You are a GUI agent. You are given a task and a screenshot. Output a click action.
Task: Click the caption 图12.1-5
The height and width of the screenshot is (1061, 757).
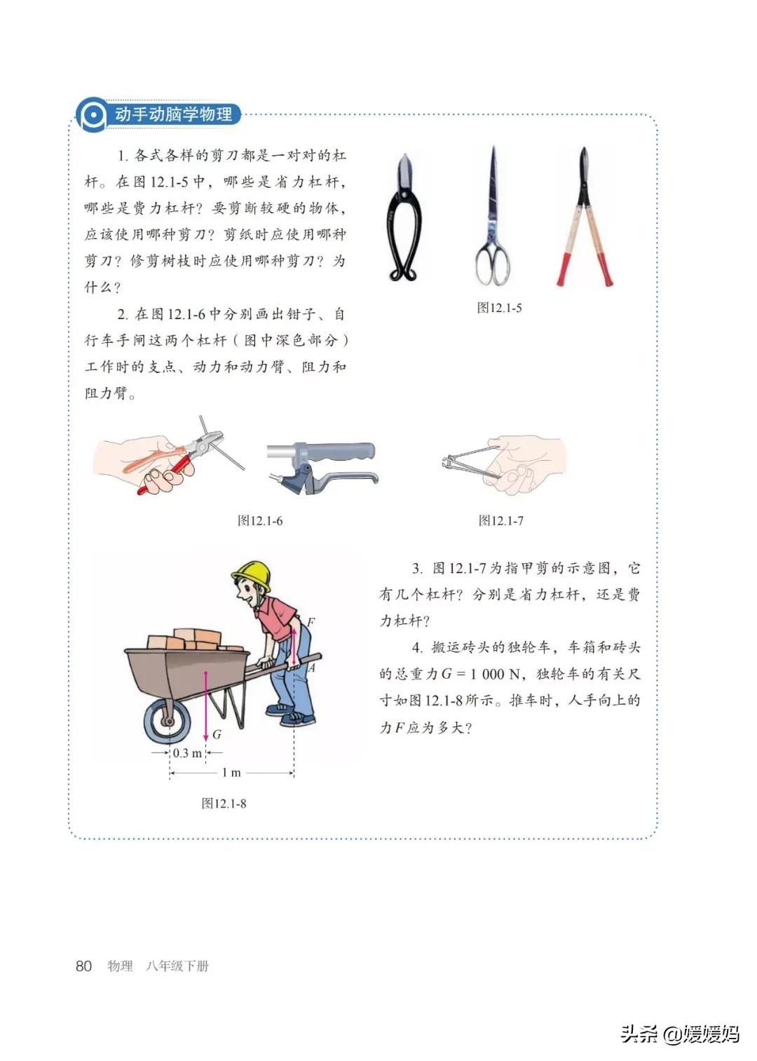499,308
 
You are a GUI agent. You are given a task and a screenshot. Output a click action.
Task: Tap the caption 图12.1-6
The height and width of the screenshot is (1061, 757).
260,520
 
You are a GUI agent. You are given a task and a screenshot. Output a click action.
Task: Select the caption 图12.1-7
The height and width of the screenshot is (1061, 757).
500,520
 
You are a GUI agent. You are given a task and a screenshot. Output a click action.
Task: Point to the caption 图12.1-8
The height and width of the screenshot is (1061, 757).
224,804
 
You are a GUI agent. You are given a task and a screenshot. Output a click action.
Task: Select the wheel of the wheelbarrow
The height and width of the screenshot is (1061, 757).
168,722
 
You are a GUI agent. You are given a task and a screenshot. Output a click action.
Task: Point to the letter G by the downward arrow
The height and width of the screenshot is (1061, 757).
217,734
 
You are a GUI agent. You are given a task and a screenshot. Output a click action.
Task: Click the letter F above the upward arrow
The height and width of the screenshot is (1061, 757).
310,621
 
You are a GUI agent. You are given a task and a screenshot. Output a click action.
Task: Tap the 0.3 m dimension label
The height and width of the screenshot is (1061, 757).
187,753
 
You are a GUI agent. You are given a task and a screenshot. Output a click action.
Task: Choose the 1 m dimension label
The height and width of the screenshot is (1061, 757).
231,773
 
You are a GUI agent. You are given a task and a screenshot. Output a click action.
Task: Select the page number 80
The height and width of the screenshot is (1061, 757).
83,966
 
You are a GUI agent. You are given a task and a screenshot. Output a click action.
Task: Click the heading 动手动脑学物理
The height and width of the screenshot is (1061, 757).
173,114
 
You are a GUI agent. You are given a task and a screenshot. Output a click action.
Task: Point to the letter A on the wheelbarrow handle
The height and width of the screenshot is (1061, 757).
312,668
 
